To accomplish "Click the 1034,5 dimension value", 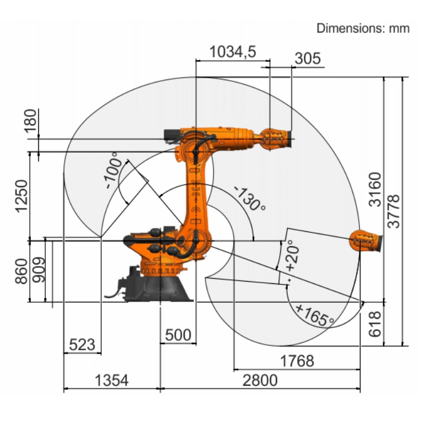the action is pyautogui.click(x=233, y=52).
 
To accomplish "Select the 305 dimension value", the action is pyautogui.click(x=308, y=58).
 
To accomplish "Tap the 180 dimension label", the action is pyautogui.click(x=30, y=121).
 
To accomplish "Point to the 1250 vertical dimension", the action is pyautogui.click(x=22, y=196).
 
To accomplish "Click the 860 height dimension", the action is pyautogui.click(x=22, y=271).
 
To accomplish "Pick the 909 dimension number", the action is pyautogui.click(x=39, y=270).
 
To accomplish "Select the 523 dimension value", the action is pyautogui.click(x=82, y=345).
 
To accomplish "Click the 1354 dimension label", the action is pyautogui.click(x=112, y=380).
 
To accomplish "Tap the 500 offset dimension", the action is pyautogui.click(x=178, y=335).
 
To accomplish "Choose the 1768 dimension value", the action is pyautogui.click(x=297, y=361).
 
